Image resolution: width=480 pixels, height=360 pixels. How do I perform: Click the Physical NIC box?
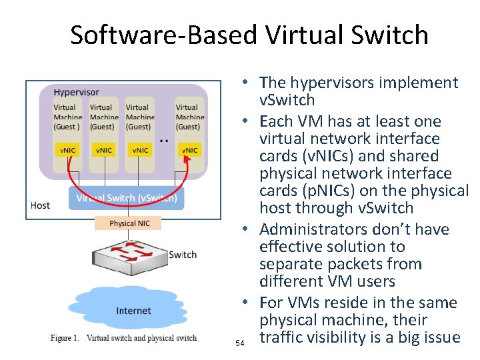129,223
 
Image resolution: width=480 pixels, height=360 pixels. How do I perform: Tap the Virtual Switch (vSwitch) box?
126,198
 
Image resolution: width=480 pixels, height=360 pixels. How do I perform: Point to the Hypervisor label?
77,92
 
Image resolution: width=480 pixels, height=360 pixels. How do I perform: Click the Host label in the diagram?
40,205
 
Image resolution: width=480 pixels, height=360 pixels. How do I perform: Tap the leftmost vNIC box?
68,150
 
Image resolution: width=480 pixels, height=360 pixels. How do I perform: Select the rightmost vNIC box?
190,150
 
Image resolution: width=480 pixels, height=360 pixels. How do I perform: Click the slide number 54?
241,343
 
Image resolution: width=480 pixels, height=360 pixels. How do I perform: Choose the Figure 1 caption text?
123,338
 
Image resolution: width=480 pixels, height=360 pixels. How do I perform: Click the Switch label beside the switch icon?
183,255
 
